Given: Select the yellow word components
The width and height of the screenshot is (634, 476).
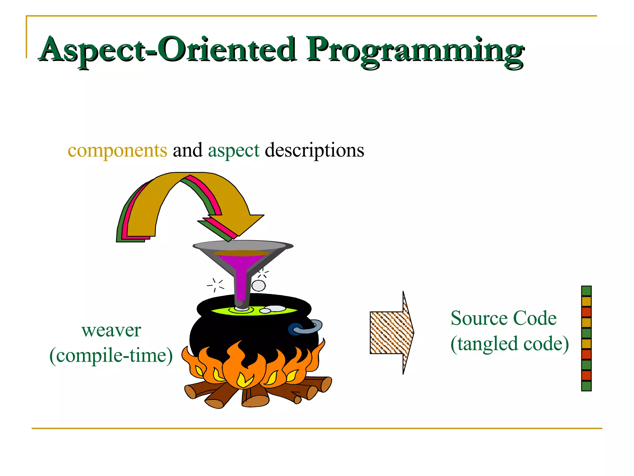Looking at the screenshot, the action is pos(117,151).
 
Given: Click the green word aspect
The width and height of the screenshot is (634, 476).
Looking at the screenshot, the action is pos(234,151).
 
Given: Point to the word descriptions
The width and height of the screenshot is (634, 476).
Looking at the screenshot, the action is pos(314,151).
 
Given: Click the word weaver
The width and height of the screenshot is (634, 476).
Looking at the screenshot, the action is pos(111,330).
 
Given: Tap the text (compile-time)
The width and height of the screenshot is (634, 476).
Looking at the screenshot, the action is pos(111,355).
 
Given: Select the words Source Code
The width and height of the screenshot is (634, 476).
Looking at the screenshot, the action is pos(503,318).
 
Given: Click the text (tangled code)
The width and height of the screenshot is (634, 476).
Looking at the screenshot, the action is pos(510,344).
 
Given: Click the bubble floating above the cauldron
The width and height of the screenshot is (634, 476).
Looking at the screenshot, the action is pos(258,285).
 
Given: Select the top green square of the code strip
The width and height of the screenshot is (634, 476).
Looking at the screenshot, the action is pos(586,291).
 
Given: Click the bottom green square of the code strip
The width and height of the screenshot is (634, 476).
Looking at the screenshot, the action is pos(586,386).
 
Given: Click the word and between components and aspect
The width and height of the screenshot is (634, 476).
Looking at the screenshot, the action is pos(187,151).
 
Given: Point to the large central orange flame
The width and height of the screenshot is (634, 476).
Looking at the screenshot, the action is pos(245,366).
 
